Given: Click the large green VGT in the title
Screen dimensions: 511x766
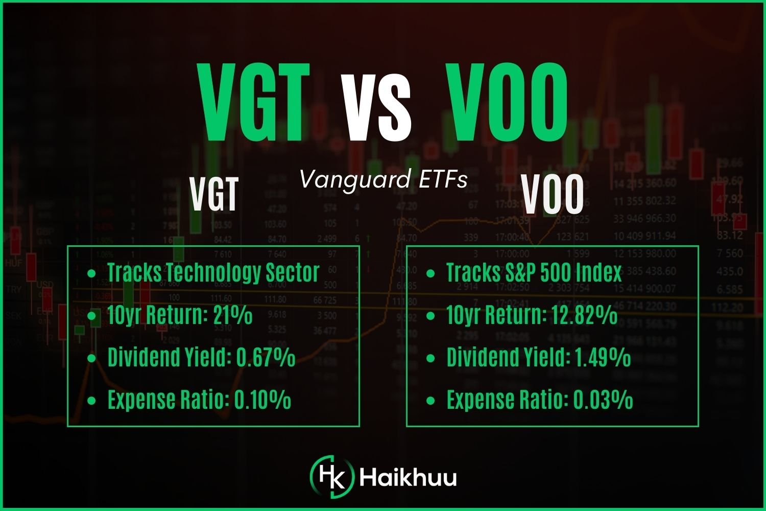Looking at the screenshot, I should coord(254,102).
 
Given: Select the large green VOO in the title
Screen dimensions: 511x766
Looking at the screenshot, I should coord(507,102).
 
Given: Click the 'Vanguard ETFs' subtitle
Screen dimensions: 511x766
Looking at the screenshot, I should coord(383,179).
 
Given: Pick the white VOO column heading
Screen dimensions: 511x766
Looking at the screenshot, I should coord(553,195).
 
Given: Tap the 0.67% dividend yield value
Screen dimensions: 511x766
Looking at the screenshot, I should coord(266,357).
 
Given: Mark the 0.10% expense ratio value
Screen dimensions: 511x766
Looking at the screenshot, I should coord(262,400).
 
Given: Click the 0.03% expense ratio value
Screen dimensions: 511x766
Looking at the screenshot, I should coord(603,400).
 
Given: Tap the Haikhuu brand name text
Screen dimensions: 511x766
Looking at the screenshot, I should coord(408,478).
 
